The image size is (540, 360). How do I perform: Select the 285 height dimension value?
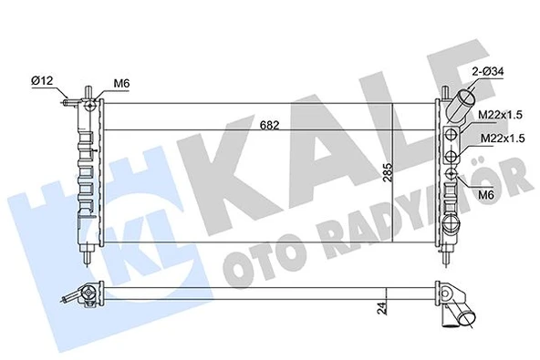tap(387, 173)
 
